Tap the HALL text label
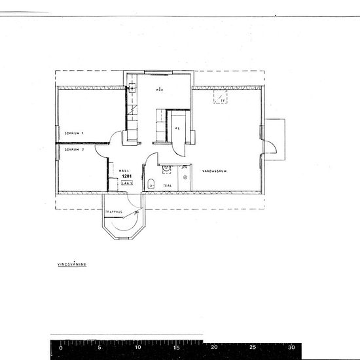point(123,170)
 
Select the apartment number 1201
point(127,177)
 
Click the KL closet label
point(177,128)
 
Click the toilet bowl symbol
point(151,183)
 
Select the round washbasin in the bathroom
point(166,168)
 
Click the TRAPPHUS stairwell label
point(115,211)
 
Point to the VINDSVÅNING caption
point(72,265)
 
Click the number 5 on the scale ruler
point(99,348)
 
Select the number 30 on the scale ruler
point(294,348)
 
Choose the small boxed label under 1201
point(128,184)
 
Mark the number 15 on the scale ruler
point(175,348)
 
